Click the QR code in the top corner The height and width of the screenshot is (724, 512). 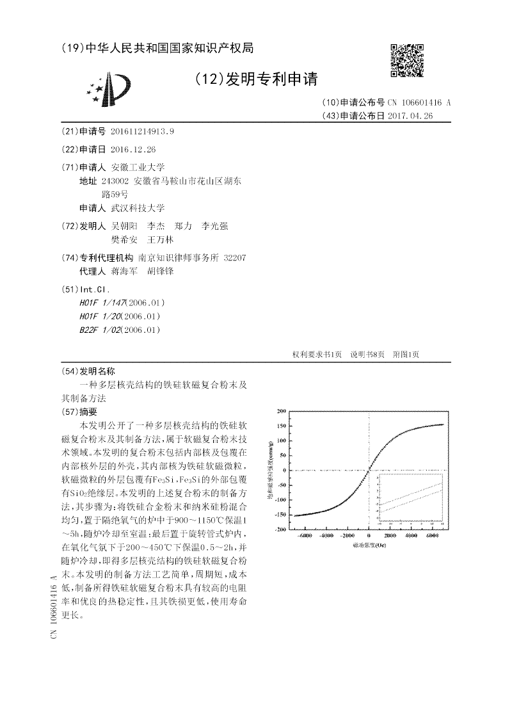406,60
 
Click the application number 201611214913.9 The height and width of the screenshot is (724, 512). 142,131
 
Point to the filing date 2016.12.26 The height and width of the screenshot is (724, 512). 133,149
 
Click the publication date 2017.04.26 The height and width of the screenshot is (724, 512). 410,116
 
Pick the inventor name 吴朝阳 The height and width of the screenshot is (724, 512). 124,226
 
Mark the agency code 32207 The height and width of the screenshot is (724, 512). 235,257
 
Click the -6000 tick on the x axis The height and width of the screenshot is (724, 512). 305,535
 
